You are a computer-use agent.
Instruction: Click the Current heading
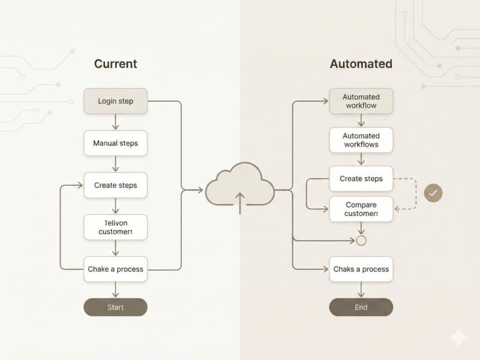click(115, 64)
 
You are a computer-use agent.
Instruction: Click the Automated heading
click(361, 64)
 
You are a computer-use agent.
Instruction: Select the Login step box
click(115, 101)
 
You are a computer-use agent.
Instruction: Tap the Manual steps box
click(115, 143)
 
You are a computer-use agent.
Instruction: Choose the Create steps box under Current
click(115, 185)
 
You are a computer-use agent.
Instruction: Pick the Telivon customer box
click(115, 227)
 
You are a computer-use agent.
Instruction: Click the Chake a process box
click(115, 269)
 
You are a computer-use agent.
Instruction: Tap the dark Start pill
click(115, 307)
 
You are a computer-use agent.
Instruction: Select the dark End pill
click(361, 307)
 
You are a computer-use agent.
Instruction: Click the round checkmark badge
click(433, 193)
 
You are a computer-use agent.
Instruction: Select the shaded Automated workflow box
click(361, 101)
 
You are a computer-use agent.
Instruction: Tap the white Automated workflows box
click(361, 140)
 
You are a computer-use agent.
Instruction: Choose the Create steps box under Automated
click(361, 179)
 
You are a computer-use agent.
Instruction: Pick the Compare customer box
click(361, 209)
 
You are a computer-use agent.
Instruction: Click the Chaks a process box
click(361, 269)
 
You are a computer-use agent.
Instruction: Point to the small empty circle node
click(361, 241)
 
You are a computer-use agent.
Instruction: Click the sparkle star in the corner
click(458, 337)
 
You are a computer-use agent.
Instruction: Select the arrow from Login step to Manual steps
click(115, 122)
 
